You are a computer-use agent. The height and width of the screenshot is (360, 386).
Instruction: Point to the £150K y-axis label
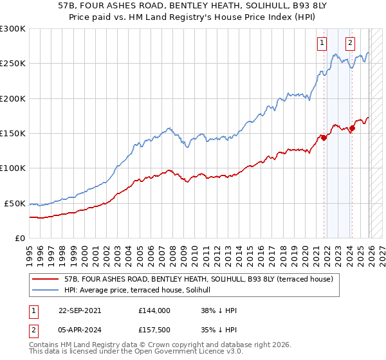point(13,133)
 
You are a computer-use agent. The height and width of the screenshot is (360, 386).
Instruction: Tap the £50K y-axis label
point(15,203)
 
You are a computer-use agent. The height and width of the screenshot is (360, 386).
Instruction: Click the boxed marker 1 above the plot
point(322,44)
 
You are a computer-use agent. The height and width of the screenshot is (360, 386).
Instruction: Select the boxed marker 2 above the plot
point(350,44)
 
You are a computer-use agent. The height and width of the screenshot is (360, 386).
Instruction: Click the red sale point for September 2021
point(324,137)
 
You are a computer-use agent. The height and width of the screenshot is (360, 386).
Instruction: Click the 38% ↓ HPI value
point(219,310)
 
